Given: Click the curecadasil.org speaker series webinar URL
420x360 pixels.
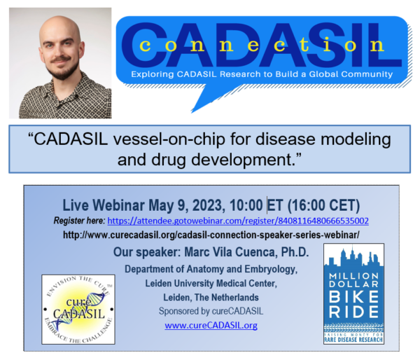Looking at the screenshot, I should click(211, 235).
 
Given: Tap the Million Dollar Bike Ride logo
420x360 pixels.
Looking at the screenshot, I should click(353, 293).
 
